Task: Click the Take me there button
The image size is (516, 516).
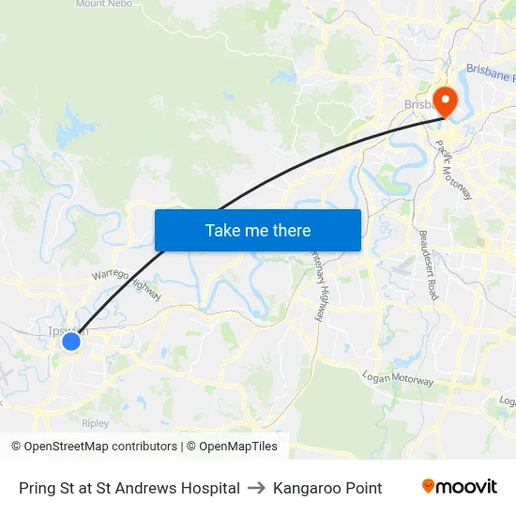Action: point(258,230)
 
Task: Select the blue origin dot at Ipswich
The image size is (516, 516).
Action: point(70,341)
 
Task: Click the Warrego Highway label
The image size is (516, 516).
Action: point(126,286)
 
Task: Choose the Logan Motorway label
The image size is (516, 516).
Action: point(398,379)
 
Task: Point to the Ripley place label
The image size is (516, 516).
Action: point(96,423)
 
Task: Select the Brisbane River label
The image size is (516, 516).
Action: point(490,73)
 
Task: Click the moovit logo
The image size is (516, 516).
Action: point(459,487)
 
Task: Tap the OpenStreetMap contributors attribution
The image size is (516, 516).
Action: point(94,447)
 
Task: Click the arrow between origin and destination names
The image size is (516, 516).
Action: point(256,488)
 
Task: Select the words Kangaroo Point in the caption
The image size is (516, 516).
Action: point(327,488)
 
